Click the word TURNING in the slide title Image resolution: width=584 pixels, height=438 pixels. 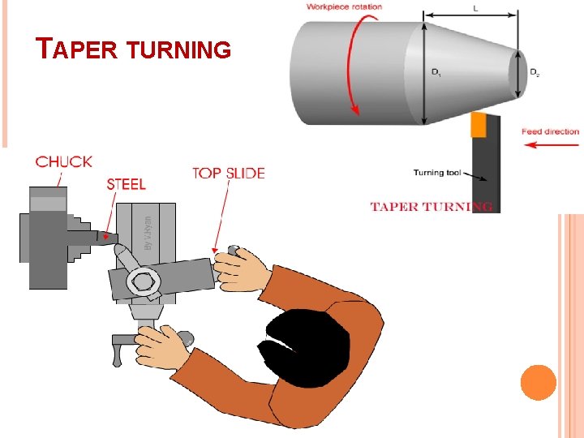pos(180,50)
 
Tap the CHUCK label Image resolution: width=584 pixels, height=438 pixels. pos(64,161)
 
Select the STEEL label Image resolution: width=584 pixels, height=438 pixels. pos(127,184)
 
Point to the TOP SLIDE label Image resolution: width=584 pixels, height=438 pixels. pos(228,173)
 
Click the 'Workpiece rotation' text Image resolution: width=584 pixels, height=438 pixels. pos(344,7)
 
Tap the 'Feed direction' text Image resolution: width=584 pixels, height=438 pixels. pos(550,131)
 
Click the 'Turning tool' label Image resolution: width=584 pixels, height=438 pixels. pos(437,172)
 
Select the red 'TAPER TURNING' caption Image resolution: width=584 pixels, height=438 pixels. pos(431,206)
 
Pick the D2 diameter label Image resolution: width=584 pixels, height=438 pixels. pos(535,73)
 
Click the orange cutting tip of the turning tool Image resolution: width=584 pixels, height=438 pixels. pos(478,124)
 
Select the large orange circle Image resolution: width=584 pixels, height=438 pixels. pos(538,382)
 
